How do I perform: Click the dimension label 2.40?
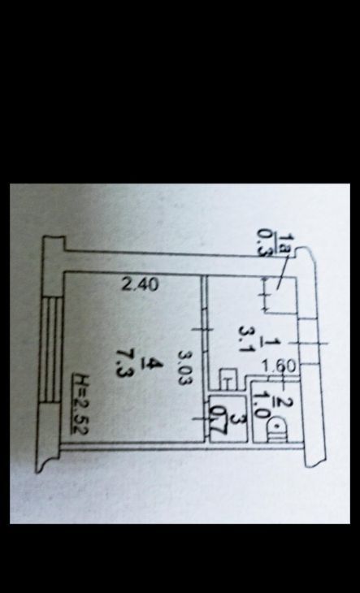pos(140,285)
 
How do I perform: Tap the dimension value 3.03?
pos(185,368)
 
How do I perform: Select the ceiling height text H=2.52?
pos(80,403)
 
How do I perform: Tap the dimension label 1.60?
pos(279,366)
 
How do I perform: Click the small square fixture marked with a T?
pos(228,379)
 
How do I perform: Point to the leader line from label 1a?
pos(283,272)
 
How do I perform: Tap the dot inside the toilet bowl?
pos(278,426)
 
